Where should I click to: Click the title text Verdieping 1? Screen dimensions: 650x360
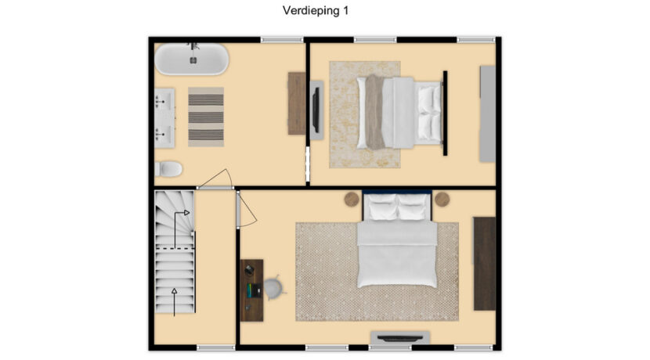click(316, 11)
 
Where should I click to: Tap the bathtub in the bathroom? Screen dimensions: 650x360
click(192, 59)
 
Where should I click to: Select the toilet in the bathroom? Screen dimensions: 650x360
click(168, 169)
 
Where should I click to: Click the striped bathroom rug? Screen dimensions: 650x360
click(206, 117)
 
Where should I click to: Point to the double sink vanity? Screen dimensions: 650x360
click(164, 118)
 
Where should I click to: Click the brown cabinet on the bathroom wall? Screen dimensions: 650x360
click(297, 103)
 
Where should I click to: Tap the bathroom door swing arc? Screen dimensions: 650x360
click(218, 178)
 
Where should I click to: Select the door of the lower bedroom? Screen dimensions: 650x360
click(239, 209)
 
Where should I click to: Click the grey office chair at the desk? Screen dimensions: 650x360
click(274, 287)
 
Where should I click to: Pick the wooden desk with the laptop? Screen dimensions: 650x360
click(251, 290)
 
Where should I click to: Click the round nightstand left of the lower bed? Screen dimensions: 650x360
click(352, 200)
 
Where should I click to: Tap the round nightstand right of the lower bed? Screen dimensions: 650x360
click(442, 200)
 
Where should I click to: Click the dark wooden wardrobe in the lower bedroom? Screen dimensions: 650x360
click(485, 264)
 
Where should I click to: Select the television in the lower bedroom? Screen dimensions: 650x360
click(400, 338)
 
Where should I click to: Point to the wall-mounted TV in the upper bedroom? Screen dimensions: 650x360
click(316, 110)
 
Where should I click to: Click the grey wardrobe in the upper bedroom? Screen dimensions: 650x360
click(487, 113)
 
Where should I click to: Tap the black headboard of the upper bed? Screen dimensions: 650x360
click(446, 113)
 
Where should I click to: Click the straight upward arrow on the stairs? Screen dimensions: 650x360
click(175, 302)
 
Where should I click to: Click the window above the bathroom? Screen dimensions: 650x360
click(282, 40)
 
